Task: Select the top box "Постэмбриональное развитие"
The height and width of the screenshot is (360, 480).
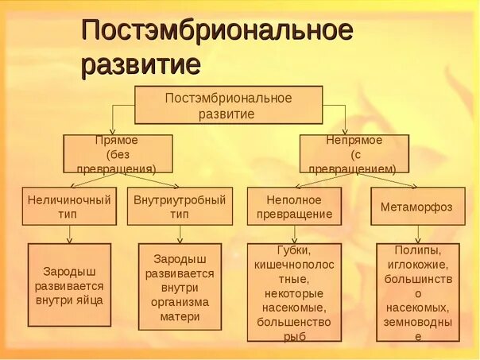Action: [x=228, y=106]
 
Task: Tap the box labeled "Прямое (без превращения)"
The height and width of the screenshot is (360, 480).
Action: [x=118, y=153]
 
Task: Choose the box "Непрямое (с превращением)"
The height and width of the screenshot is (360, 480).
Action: [x=354, y=153]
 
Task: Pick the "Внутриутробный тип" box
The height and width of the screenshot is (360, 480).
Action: [x=180, y=206]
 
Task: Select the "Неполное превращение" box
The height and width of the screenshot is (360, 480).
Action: [x=294, y=206]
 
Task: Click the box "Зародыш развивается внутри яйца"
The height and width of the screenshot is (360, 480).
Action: [x=69, y=285]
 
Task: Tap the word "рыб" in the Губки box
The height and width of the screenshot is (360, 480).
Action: [x=294, y=335]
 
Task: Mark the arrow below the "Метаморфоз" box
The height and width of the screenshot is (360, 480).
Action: [x=416, y=234]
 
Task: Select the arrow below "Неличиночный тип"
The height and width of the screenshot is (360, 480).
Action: [x=70, y=234]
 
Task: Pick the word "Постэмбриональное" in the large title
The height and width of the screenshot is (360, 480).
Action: [x=217, y=31]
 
